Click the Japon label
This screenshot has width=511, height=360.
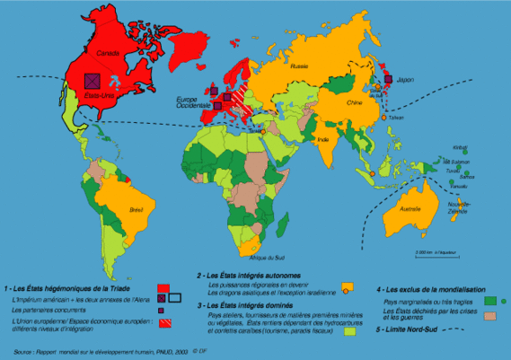tap(402, 78)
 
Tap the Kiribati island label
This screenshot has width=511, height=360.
tap(461, 147)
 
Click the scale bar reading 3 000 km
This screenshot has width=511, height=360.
tap(430, 254)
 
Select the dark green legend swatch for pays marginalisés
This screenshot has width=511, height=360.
tap(491, 301)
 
